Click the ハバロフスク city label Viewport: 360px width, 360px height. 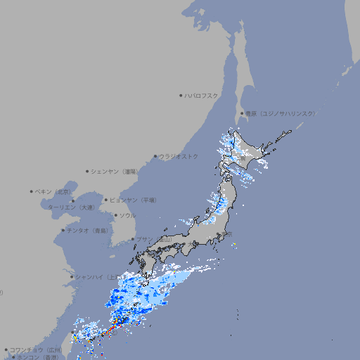pos(202,96)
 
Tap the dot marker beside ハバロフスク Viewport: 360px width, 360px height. pos(181,96)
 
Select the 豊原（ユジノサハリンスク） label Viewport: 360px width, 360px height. pos(280,113)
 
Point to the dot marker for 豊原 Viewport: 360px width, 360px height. pos(241,113)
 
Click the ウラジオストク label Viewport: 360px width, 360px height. pos(179,156)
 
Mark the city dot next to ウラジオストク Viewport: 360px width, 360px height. pos(155,156)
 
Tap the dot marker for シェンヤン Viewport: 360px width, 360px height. pos(88,171)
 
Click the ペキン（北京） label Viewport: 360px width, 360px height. pos(54,191)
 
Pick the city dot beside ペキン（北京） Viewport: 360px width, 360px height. pos(32,191)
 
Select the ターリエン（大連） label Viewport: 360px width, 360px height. pos(71,208)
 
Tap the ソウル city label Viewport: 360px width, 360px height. pos(127,215)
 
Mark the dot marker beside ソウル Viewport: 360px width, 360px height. pos(115,215)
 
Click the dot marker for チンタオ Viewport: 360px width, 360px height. pos(63,230)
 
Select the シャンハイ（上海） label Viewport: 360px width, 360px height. pos(97,276)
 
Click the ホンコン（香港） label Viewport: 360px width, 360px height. pos(38,357)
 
